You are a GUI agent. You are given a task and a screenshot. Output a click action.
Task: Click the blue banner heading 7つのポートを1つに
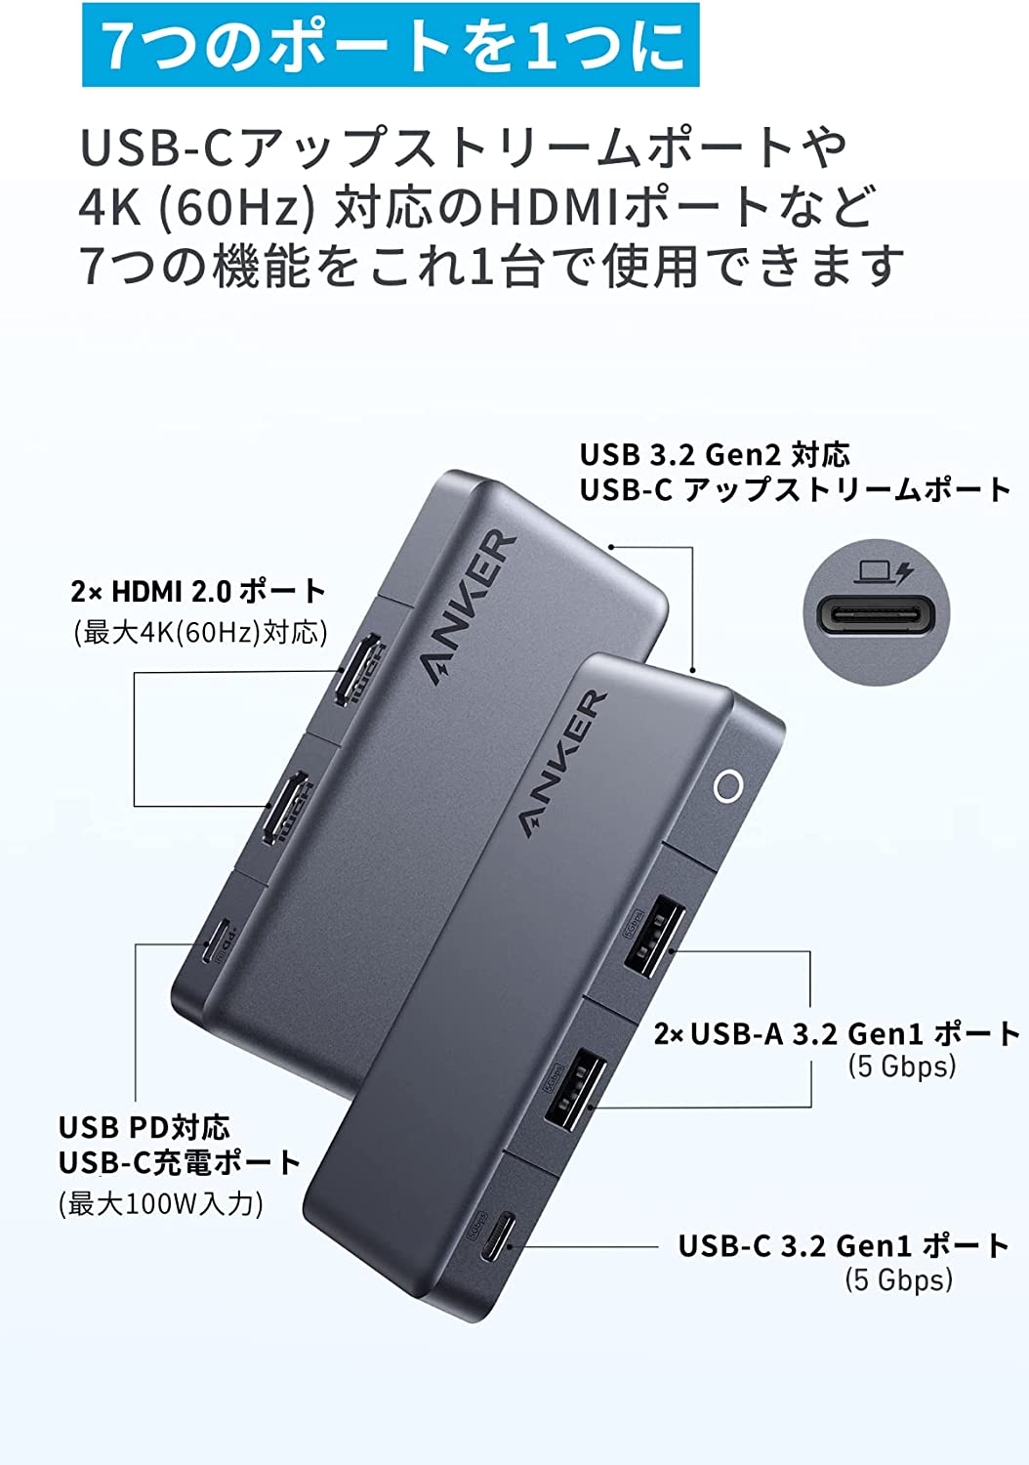(391, 44)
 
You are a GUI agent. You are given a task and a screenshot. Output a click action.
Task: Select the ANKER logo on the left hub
(468, 607)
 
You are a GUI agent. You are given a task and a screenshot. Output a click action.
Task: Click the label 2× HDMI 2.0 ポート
(198, 591)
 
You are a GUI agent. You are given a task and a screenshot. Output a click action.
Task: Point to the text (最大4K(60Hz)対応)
(200, 632)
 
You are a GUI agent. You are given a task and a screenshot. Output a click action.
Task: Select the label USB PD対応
(144, 1127)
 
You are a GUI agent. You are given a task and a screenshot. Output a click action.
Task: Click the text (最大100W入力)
(161, 1202)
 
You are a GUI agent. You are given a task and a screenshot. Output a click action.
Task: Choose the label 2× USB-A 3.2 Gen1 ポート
(837, 1033)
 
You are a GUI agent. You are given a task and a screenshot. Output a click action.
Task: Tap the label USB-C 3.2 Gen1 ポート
(844, 1245)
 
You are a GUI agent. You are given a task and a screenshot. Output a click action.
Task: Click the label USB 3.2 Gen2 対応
(715, 454)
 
